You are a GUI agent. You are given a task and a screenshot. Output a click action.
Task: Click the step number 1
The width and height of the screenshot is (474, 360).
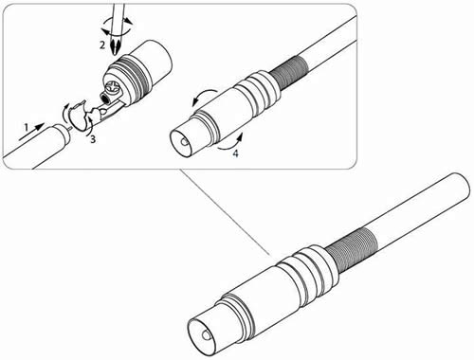coord(27,128)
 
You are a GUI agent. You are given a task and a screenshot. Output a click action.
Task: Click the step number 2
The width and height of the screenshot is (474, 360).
coord(102,45)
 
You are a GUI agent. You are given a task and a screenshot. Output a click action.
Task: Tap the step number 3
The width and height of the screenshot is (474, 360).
coord(93,139)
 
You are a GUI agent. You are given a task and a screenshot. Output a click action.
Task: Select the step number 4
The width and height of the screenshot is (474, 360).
coord(235,153)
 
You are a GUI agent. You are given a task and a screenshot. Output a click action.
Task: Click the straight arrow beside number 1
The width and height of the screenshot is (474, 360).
coord(31,132)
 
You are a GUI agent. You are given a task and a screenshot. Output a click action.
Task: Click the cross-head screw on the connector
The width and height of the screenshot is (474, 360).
coord(113,88)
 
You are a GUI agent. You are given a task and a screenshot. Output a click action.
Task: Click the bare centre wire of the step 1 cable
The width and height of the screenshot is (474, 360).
coord(70,128)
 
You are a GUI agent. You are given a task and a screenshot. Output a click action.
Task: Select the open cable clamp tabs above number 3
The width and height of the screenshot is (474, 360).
coord(82,116)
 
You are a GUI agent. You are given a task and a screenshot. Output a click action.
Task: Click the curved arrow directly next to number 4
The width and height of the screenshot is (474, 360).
coord(231,143)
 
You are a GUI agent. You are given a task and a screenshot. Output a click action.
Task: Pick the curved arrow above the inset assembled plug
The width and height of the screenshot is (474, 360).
coord(205,96)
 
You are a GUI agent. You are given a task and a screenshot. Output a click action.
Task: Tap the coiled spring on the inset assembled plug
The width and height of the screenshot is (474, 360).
coord(288,73)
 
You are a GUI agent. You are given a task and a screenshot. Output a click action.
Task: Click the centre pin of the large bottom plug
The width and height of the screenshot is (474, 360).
coord(206,336)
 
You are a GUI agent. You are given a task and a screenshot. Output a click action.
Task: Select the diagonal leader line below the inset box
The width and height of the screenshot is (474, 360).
coord(225,212)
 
